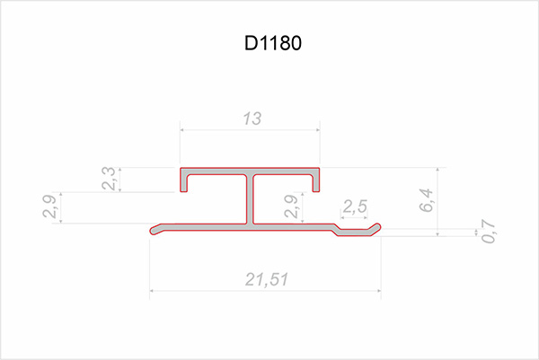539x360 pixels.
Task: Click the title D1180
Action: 269,43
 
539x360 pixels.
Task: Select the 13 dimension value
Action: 251,118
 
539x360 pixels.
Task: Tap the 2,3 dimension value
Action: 109,180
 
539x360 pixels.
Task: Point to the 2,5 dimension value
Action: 355,206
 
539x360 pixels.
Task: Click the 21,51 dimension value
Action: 266,280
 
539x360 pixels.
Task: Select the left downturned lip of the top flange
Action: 184,183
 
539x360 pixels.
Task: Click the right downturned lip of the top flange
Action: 317,183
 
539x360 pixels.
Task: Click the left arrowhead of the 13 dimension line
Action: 183,129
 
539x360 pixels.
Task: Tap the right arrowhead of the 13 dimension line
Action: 318,129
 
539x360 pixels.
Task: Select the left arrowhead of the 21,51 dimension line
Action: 153,290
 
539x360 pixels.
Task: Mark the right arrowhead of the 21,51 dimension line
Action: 379,290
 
